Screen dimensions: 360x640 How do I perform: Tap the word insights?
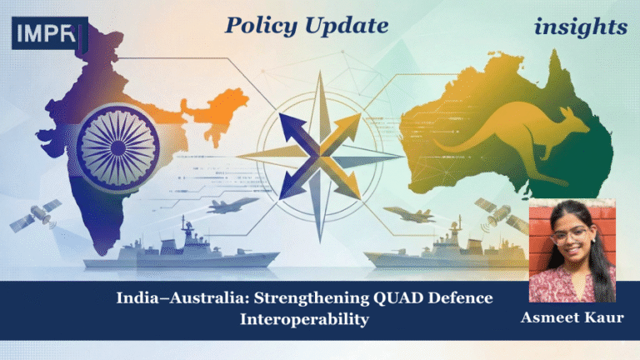581,27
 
